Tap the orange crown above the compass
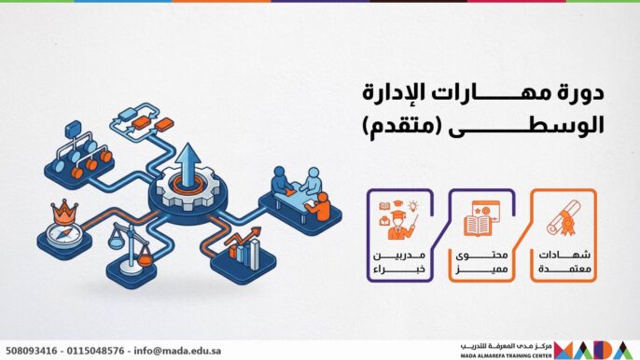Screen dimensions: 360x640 pyautogui.click(x=63, y=206)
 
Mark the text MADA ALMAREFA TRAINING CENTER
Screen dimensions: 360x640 pyautogui.click(x=503, y=354)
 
